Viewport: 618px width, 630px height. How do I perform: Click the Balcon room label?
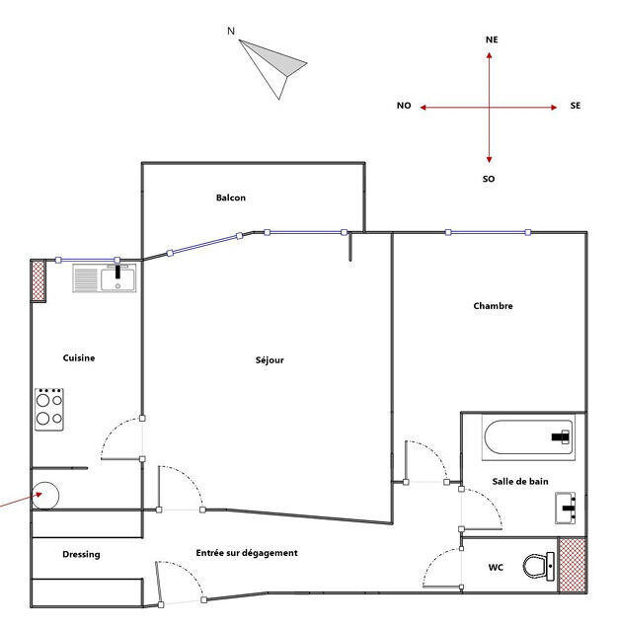231,198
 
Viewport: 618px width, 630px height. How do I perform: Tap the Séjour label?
270,360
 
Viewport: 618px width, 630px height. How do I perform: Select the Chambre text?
493,306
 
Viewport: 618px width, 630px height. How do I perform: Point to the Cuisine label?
79,358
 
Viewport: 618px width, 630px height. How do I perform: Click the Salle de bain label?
520,482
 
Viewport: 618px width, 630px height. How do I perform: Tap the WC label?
496,568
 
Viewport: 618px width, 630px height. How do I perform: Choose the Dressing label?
81,555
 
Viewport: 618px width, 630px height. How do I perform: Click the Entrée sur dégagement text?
247,553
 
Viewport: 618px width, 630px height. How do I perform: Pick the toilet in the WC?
538,567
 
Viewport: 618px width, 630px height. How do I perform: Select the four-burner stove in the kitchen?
49,409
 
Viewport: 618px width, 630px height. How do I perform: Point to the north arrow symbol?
273,64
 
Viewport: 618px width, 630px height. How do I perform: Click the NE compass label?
492,39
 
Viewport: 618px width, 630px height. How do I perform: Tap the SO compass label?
489,180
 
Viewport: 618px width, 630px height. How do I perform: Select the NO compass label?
404,106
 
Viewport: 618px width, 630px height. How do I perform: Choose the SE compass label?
576,106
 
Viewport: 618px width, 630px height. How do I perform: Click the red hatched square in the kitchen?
39,280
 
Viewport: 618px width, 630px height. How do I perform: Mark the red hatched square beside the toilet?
573,566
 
